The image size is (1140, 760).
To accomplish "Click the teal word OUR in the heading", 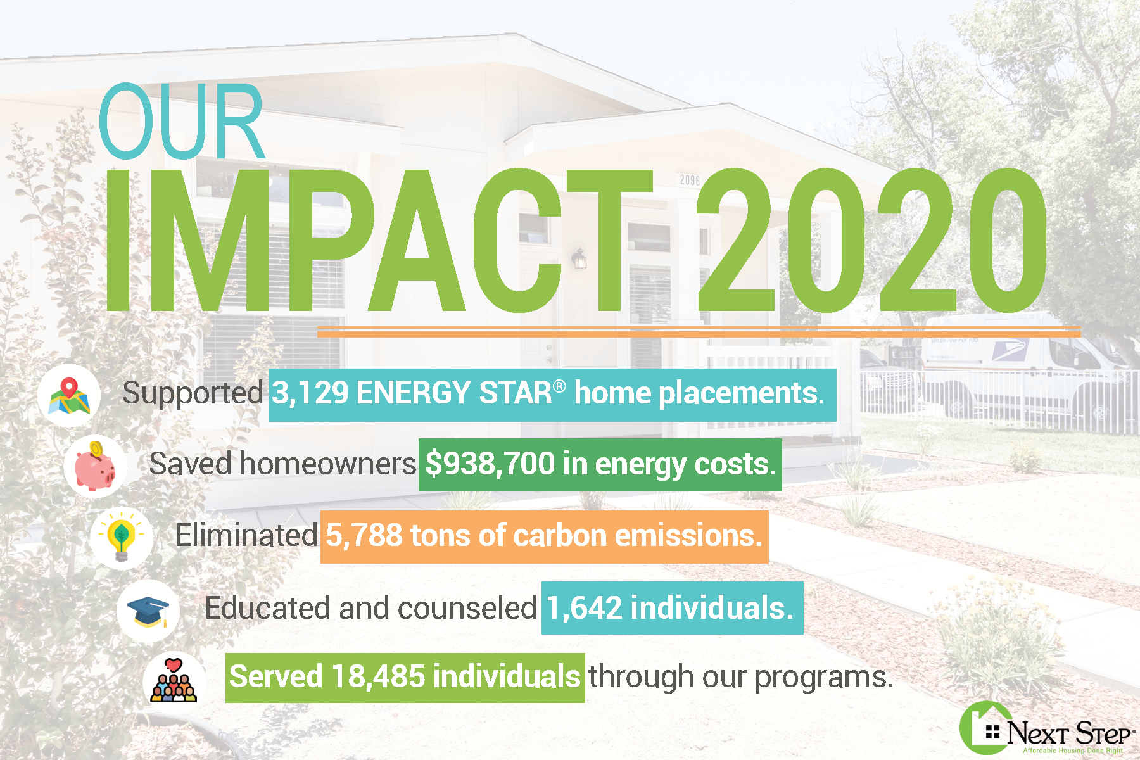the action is (181, 121).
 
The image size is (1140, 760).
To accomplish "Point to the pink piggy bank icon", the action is (95, 466).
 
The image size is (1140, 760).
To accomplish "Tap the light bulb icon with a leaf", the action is (121, 538).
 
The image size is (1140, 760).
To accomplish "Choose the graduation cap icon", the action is (148, 611).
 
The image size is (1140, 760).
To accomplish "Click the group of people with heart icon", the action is (174, 681).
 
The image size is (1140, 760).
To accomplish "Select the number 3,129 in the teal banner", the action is (310, 393).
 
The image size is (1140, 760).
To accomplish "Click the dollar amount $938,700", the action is (490, 464).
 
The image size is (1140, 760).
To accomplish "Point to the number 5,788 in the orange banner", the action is (364, 536).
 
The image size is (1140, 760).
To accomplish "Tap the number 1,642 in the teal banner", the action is (584, 608).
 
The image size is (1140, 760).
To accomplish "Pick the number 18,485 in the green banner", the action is (378, 676).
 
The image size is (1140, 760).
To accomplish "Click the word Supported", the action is (193, 393).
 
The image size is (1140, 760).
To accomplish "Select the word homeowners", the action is (327, 464).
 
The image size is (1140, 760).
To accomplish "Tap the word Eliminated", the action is (246, 536).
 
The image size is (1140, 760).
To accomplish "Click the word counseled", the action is (467, 608).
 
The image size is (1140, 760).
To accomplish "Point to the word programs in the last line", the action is (824, 678).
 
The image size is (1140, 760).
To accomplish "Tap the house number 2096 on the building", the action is (690, 180).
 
